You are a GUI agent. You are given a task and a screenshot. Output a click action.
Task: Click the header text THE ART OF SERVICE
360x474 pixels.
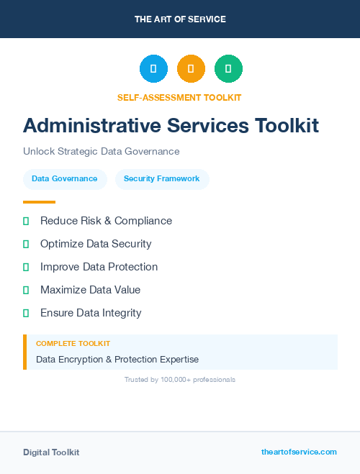point(180,19)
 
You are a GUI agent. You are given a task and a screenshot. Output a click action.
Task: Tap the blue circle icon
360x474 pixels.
point(153,69)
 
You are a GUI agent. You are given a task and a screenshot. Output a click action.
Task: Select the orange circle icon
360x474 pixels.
point(191,69)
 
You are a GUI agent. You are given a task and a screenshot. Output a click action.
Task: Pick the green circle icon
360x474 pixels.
point(228,69)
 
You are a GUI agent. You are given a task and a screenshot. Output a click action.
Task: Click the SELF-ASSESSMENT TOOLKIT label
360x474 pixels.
point(179,97)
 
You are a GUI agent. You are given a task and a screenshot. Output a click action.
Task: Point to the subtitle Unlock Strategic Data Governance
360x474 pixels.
point(101,152)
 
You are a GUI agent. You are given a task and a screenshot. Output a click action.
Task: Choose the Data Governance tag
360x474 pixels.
point(65,179)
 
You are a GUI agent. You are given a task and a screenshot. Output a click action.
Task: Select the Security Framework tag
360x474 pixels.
point(162,179)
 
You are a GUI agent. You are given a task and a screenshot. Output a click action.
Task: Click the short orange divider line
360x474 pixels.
point(39,202)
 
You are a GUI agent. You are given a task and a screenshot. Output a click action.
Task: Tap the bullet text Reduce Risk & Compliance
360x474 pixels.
point(106,221)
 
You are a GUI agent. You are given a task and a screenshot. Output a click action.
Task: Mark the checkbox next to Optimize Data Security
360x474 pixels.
point(26,245)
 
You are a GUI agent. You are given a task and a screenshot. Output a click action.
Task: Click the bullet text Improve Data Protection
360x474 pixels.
point(99,267)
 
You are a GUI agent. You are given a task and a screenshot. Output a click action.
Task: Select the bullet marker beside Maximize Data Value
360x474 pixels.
point(26,291)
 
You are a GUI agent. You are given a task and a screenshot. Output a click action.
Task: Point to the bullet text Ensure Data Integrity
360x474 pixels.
point(91,313)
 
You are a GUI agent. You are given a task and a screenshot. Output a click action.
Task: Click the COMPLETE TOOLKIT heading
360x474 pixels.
point(73,344)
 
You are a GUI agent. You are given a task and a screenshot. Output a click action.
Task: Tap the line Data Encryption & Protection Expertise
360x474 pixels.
point(117,359)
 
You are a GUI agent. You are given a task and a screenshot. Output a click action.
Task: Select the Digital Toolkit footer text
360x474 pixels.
point(51,452)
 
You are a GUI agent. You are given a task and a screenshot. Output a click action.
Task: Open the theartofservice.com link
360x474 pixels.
point(299,452)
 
